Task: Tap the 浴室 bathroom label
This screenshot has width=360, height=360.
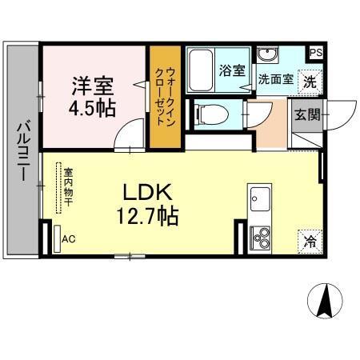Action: coord(233,70)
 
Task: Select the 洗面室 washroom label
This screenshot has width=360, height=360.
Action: coord(274,80)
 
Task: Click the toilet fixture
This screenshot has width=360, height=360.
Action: coord(206,113)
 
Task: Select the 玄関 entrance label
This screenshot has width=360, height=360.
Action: coord(306,114)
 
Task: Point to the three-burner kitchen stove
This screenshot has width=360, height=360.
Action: coord(261,238)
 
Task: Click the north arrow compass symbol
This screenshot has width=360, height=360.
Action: coord(326,302)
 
